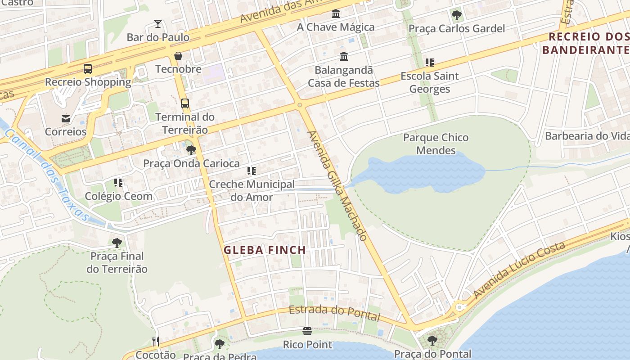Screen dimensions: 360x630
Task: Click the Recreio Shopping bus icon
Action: [x=88, y=69]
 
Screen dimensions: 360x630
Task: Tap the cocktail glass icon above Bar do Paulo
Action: [x=157, y=24]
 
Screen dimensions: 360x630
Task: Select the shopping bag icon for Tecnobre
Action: [x=178, y=56]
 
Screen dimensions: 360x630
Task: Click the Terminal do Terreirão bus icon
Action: [x=184, y=103]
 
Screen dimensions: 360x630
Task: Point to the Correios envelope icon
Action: [x=66, y=119]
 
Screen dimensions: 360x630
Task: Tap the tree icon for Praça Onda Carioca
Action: [x=191, y=150]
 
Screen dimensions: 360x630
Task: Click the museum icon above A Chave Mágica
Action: [x=336, y=14]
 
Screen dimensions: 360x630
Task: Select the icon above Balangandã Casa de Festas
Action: [x=344, y=57]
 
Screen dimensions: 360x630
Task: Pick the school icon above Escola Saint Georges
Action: [x=430, y=63]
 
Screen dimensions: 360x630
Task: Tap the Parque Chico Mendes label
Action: [x=436, y=144]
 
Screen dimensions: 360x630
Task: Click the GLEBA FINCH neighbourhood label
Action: [x=265, y=250]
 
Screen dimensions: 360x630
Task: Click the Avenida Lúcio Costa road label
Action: [x=519, y=270]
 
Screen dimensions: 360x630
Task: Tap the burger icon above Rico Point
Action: [x=307, y=332]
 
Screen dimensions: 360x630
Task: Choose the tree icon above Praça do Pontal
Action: [x=432, y=341]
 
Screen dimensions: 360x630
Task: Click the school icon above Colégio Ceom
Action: [x=118, y=183]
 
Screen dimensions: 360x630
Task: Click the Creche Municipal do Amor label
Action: [x=252, y=190]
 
